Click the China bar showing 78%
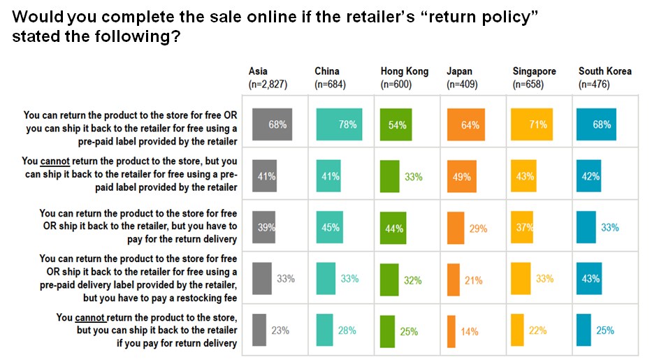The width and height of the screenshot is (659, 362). click(339, 124)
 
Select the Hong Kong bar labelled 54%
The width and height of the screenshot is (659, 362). click(396, 124)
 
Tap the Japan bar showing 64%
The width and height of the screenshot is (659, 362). click(465, 124)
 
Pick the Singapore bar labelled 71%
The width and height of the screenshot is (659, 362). click(532, 124)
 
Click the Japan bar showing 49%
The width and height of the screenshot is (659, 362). click(461, 176)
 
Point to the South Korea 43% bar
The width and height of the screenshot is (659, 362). click(589, 279)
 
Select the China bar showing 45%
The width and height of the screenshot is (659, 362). click(330, 227)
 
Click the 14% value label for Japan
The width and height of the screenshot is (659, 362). click(470, 332)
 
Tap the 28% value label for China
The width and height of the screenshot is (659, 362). click(347, 331)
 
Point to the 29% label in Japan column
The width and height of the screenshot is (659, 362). click(478, 229)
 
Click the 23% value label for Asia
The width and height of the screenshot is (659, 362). click(280, 331)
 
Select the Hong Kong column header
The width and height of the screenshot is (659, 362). click(405, 71)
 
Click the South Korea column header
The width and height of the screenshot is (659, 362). click(604, 71)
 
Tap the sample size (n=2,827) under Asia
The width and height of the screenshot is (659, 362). click(268, 85)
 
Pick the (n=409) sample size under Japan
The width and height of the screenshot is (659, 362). click(462, 85)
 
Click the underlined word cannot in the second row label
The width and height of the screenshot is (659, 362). click(55, 161)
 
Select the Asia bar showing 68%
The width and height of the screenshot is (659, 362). click(272, 124)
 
